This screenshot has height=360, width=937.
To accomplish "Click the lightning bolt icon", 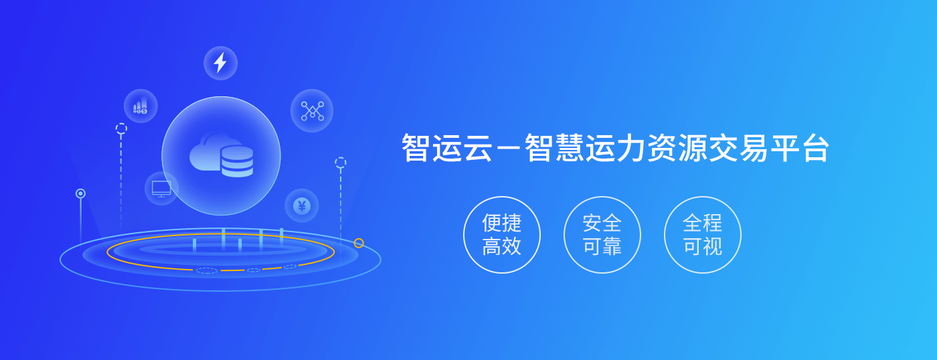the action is [220, 63].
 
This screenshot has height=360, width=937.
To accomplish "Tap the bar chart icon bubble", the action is [141, 106].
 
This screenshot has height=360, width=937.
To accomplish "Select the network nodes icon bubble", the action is [312, 111].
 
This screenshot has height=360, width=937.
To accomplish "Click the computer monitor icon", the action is [161, 189].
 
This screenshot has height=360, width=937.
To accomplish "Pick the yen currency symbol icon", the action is [302, 205].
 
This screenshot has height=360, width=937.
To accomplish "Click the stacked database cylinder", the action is [237, 162].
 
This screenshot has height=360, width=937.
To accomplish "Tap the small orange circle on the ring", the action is [359, 243].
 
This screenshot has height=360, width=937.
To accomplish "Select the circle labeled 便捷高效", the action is [501, 235].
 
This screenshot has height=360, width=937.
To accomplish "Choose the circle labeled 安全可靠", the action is [602, 235].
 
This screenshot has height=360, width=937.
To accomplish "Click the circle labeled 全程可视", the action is [702, 235].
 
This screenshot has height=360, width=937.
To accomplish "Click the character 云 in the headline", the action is [477, 148].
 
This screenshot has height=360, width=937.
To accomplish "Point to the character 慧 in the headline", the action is [570, 148].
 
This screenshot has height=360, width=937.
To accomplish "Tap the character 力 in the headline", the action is [632, 148].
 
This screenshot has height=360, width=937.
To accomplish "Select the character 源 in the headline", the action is [693, 148].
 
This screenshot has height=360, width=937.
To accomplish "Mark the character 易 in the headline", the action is [754, 148].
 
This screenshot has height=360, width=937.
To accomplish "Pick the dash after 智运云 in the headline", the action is [508, 149].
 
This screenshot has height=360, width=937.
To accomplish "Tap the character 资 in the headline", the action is [662, 148].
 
